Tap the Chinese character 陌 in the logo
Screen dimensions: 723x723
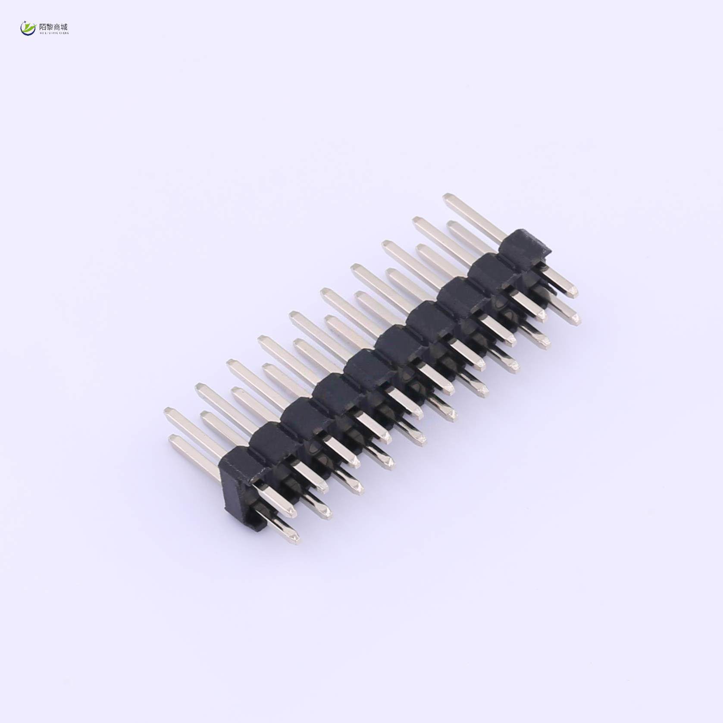click(x=42, y=27)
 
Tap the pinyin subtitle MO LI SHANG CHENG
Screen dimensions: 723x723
click(x=53, y=32)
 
